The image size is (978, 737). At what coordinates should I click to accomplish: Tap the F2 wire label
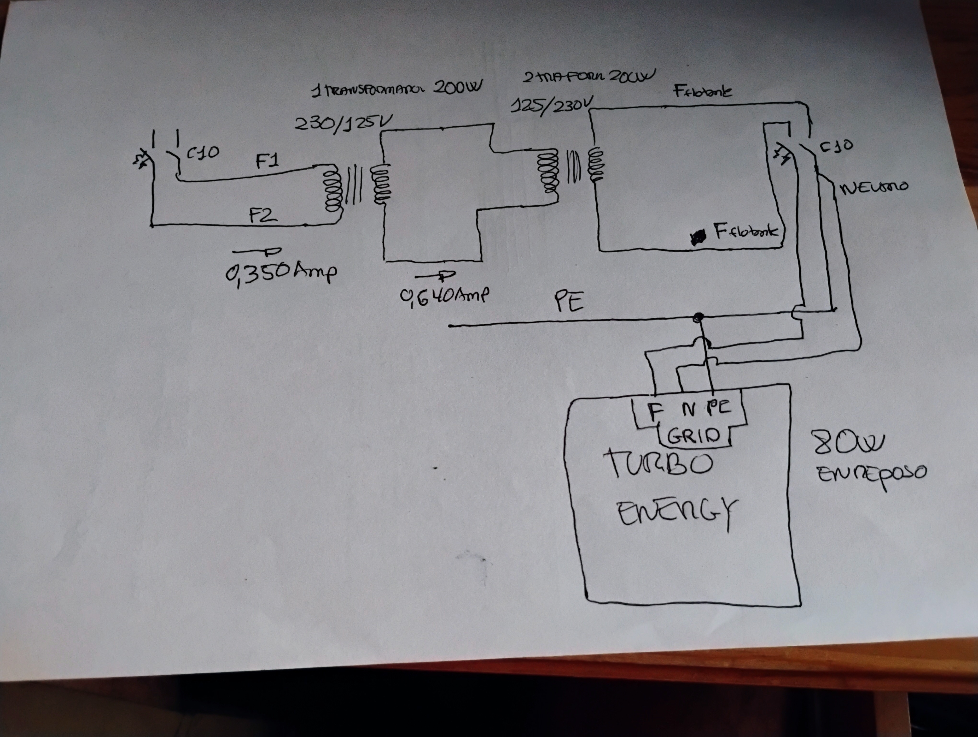(x=263, y=215)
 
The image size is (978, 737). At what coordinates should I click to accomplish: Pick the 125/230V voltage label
(x=550, y=105)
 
